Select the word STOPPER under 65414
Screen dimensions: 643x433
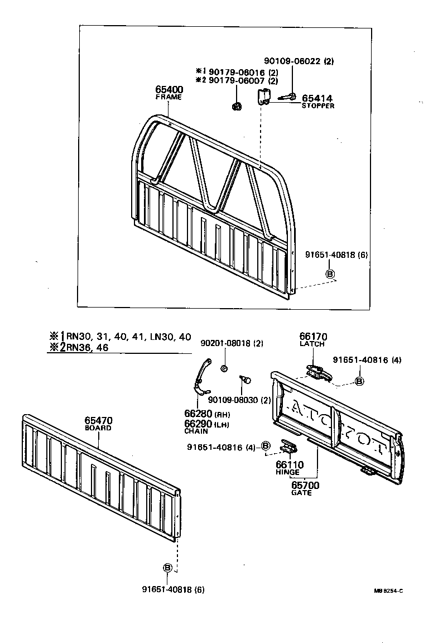[318, 106]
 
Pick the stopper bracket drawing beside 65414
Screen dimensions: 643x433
[263, 97]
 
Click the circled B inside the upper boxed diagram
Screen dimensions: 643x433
[330, 273]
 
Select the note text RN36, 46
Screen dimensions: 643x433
[87, 347]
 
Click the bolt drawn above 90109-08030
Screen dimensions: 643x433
[246, 381]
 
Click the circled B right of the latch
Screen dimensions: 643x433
[359, 381]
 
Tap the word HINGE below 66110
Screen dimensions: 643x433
[287, 472]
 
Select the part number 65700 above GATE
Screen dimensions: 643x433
[305, 486]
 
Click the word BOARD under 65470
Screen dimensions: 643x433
[98, 428]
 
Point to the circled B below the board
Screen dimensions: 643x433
[167, 568]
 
